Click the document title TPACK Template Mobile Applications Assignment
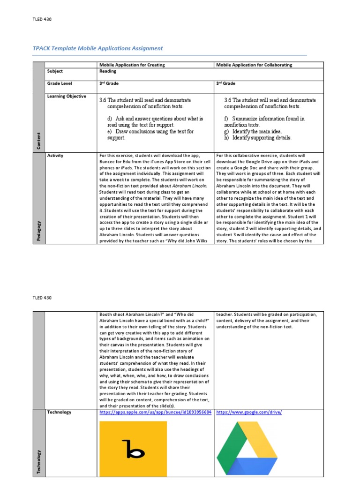tap(97, 48)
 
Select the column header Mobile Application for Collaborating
tap(254, 65)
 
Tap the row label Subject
tap(55, 71)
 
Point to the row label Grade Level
tap(59, 83)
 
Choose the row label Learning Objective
tap(67, 96)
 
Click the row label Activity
tap(55, 155)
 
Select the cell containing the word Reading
tap(108, 71)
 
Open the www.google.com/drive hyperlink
tap(249, 412)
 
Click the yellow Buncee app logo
tap(133, 448)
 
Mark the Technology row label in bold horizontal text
tap(59, 412)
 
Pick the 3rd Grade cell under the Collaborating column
tap(226, 83)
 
